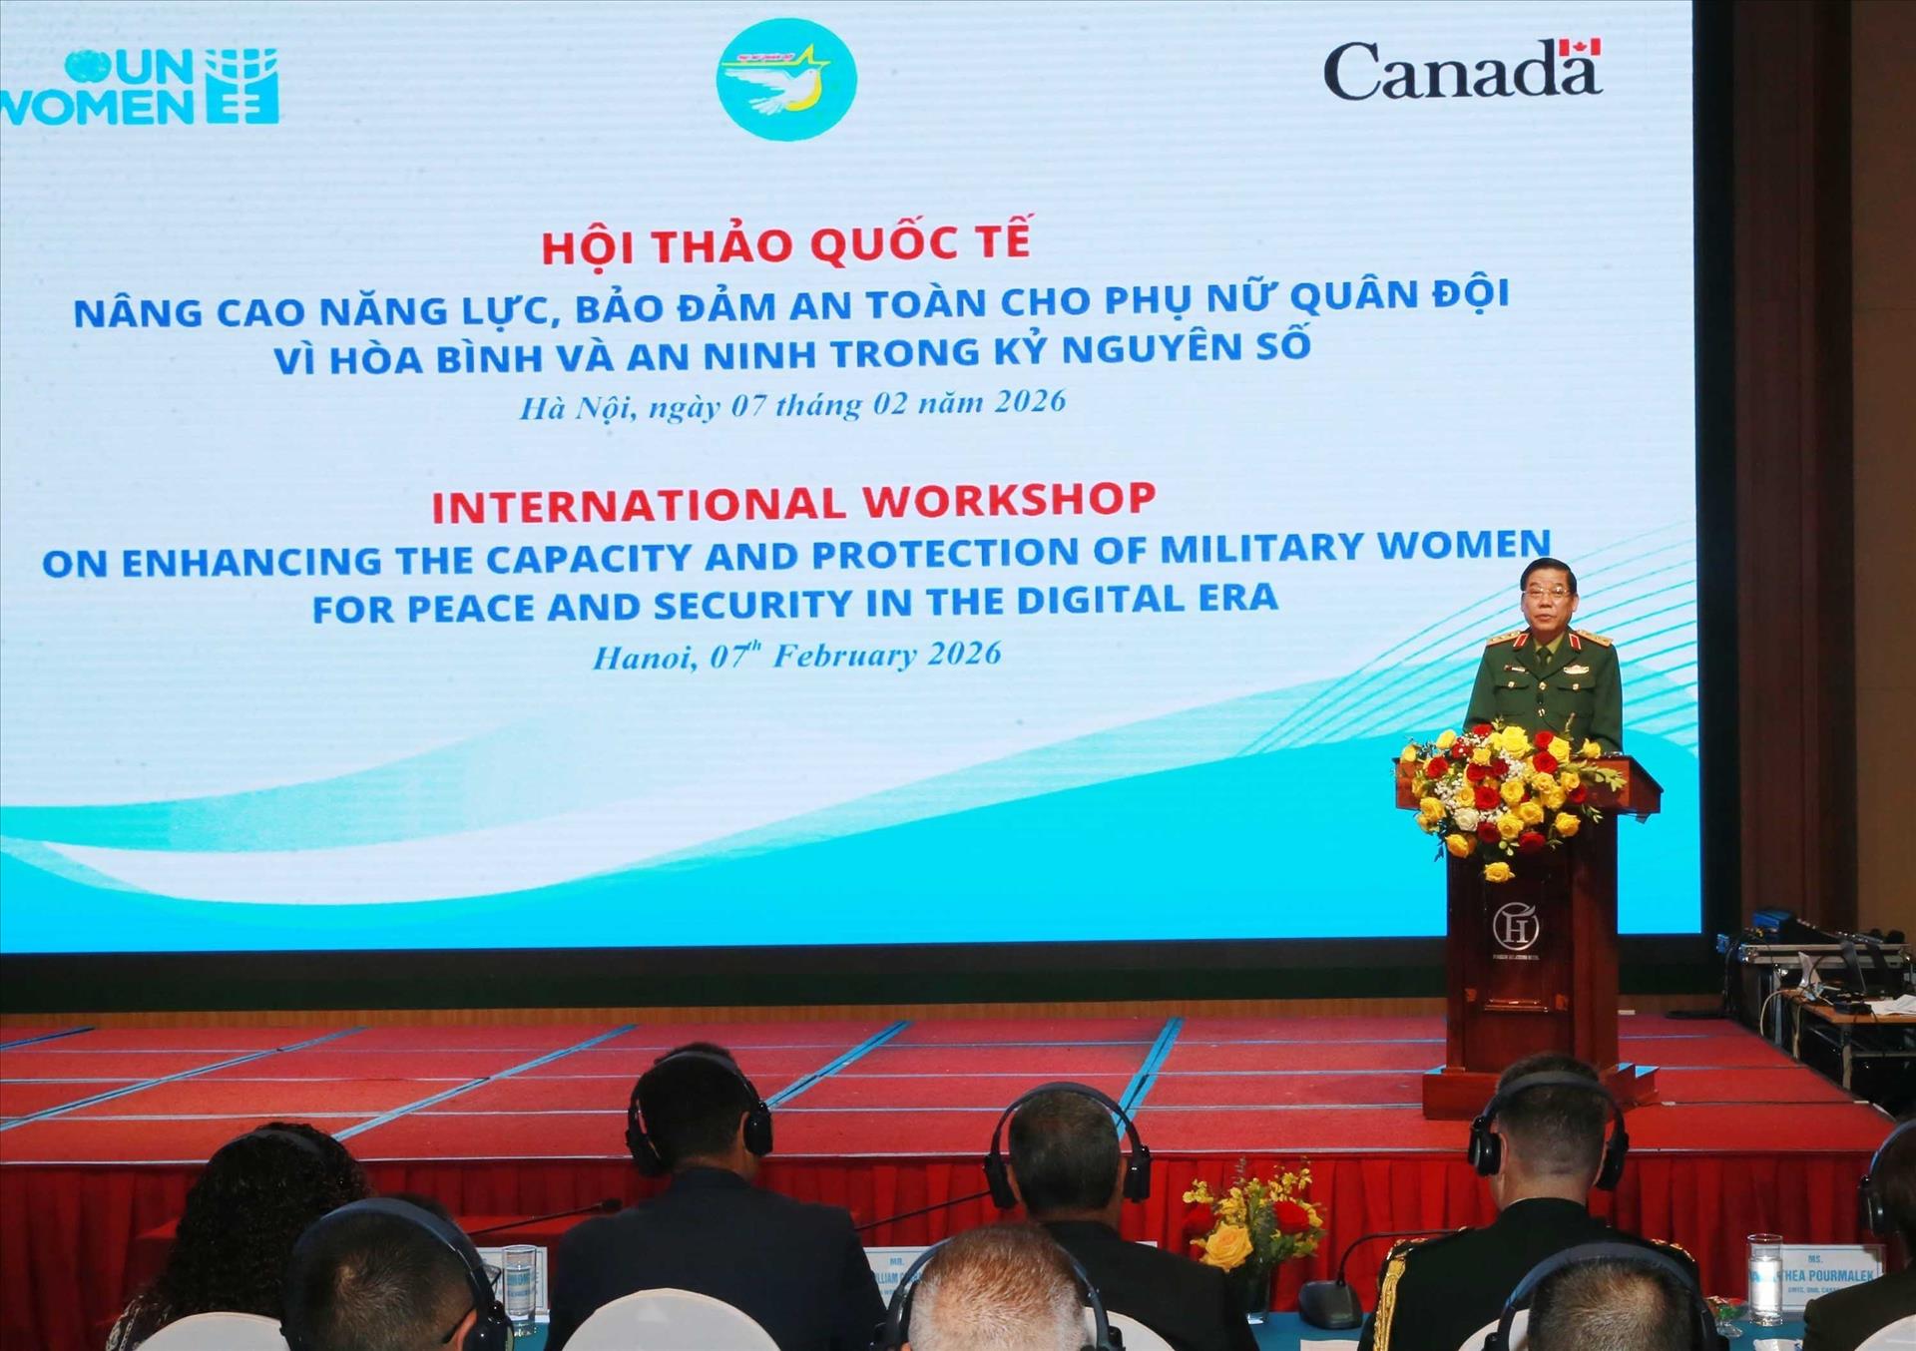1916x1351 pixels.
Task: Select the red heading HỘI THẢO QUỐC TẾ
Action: pyautogui.click(x=785, y=243)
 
